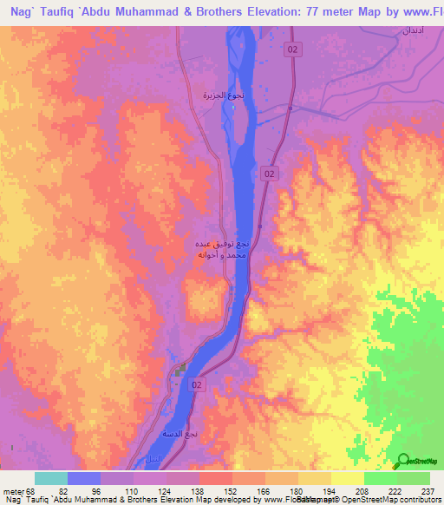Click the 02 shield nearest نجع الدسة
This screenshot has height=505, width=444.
199,384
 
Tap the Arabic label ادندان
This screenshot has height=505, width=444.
411,31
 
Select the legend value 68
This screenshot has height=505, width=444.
33,492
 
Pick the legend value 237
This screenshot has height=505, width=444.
428,492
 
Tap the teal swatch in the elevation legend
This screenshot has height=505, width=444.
51,478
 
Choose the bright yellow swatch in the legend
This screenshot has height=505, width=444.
347,478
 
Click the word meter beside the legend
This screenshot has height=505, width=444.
12,492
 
